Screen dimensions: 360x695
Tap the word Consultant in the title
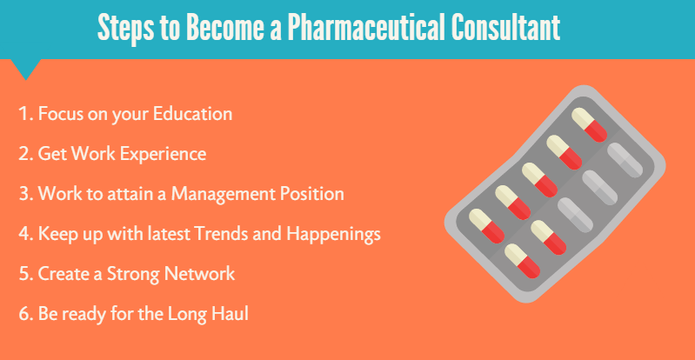505,29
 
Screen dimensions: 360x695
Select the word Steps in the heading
125,29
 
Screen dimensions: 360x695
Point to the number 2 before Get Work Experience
23,154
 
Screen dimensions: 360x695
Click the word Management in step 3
225,194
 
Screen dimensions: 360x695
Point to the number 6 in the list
23,314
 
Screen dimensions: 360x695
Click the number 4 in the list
23,234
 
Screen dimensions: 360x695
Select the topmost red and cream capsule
588,123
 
